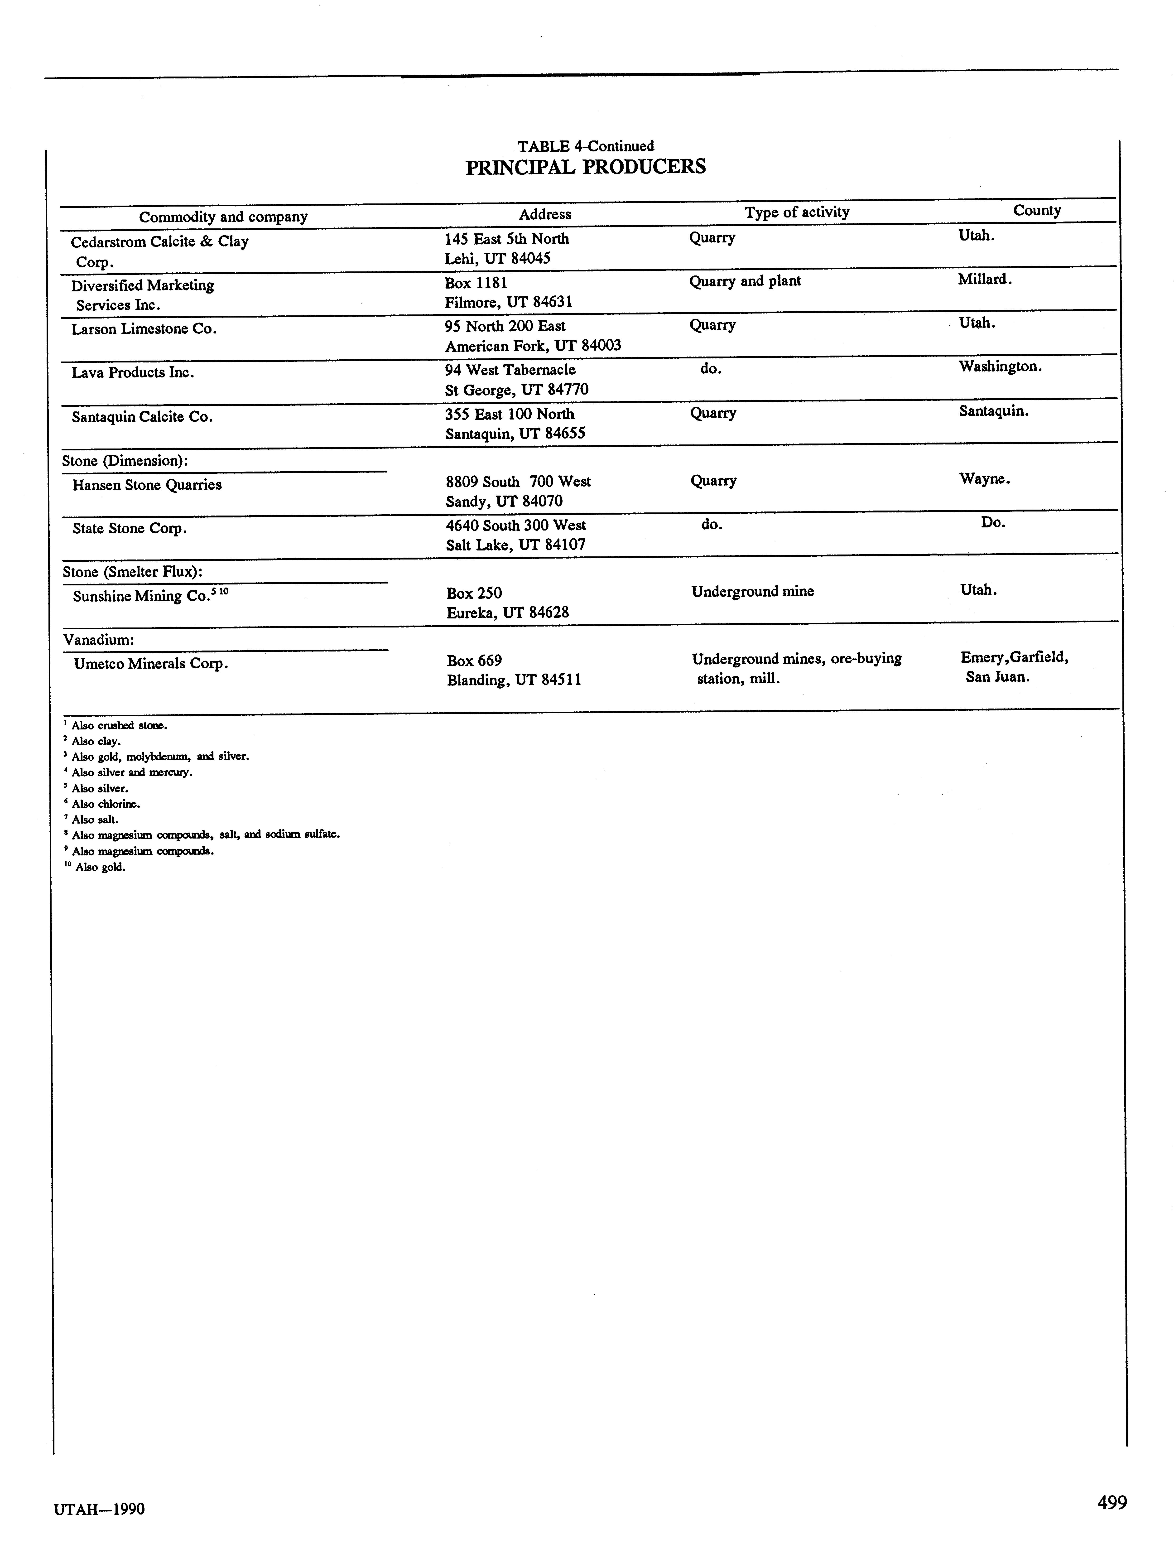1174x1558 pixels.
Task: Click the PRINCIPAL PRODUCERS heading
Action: [x=585, y=168]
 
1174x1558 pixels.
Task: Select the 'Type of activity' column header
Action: [x=797, y=212]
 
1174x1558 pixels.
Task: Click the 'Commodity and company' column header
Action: [x=223, y=216]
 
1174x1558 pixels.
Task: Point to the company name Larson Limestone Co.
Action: [x=144, y=329]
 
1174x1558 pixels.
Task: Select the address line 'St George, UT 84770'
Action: [x=516, y=390]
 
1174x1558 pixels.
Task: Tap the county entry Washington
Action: [x=1000, y=366]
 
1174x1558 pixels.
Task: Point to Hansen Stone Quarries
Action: [x=147, y=485]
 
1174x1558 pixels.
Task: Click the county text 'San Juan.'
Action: [x=997, y=677]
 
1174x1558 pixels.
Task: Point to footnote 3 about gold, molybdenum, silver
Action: [x=159, y=757]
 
